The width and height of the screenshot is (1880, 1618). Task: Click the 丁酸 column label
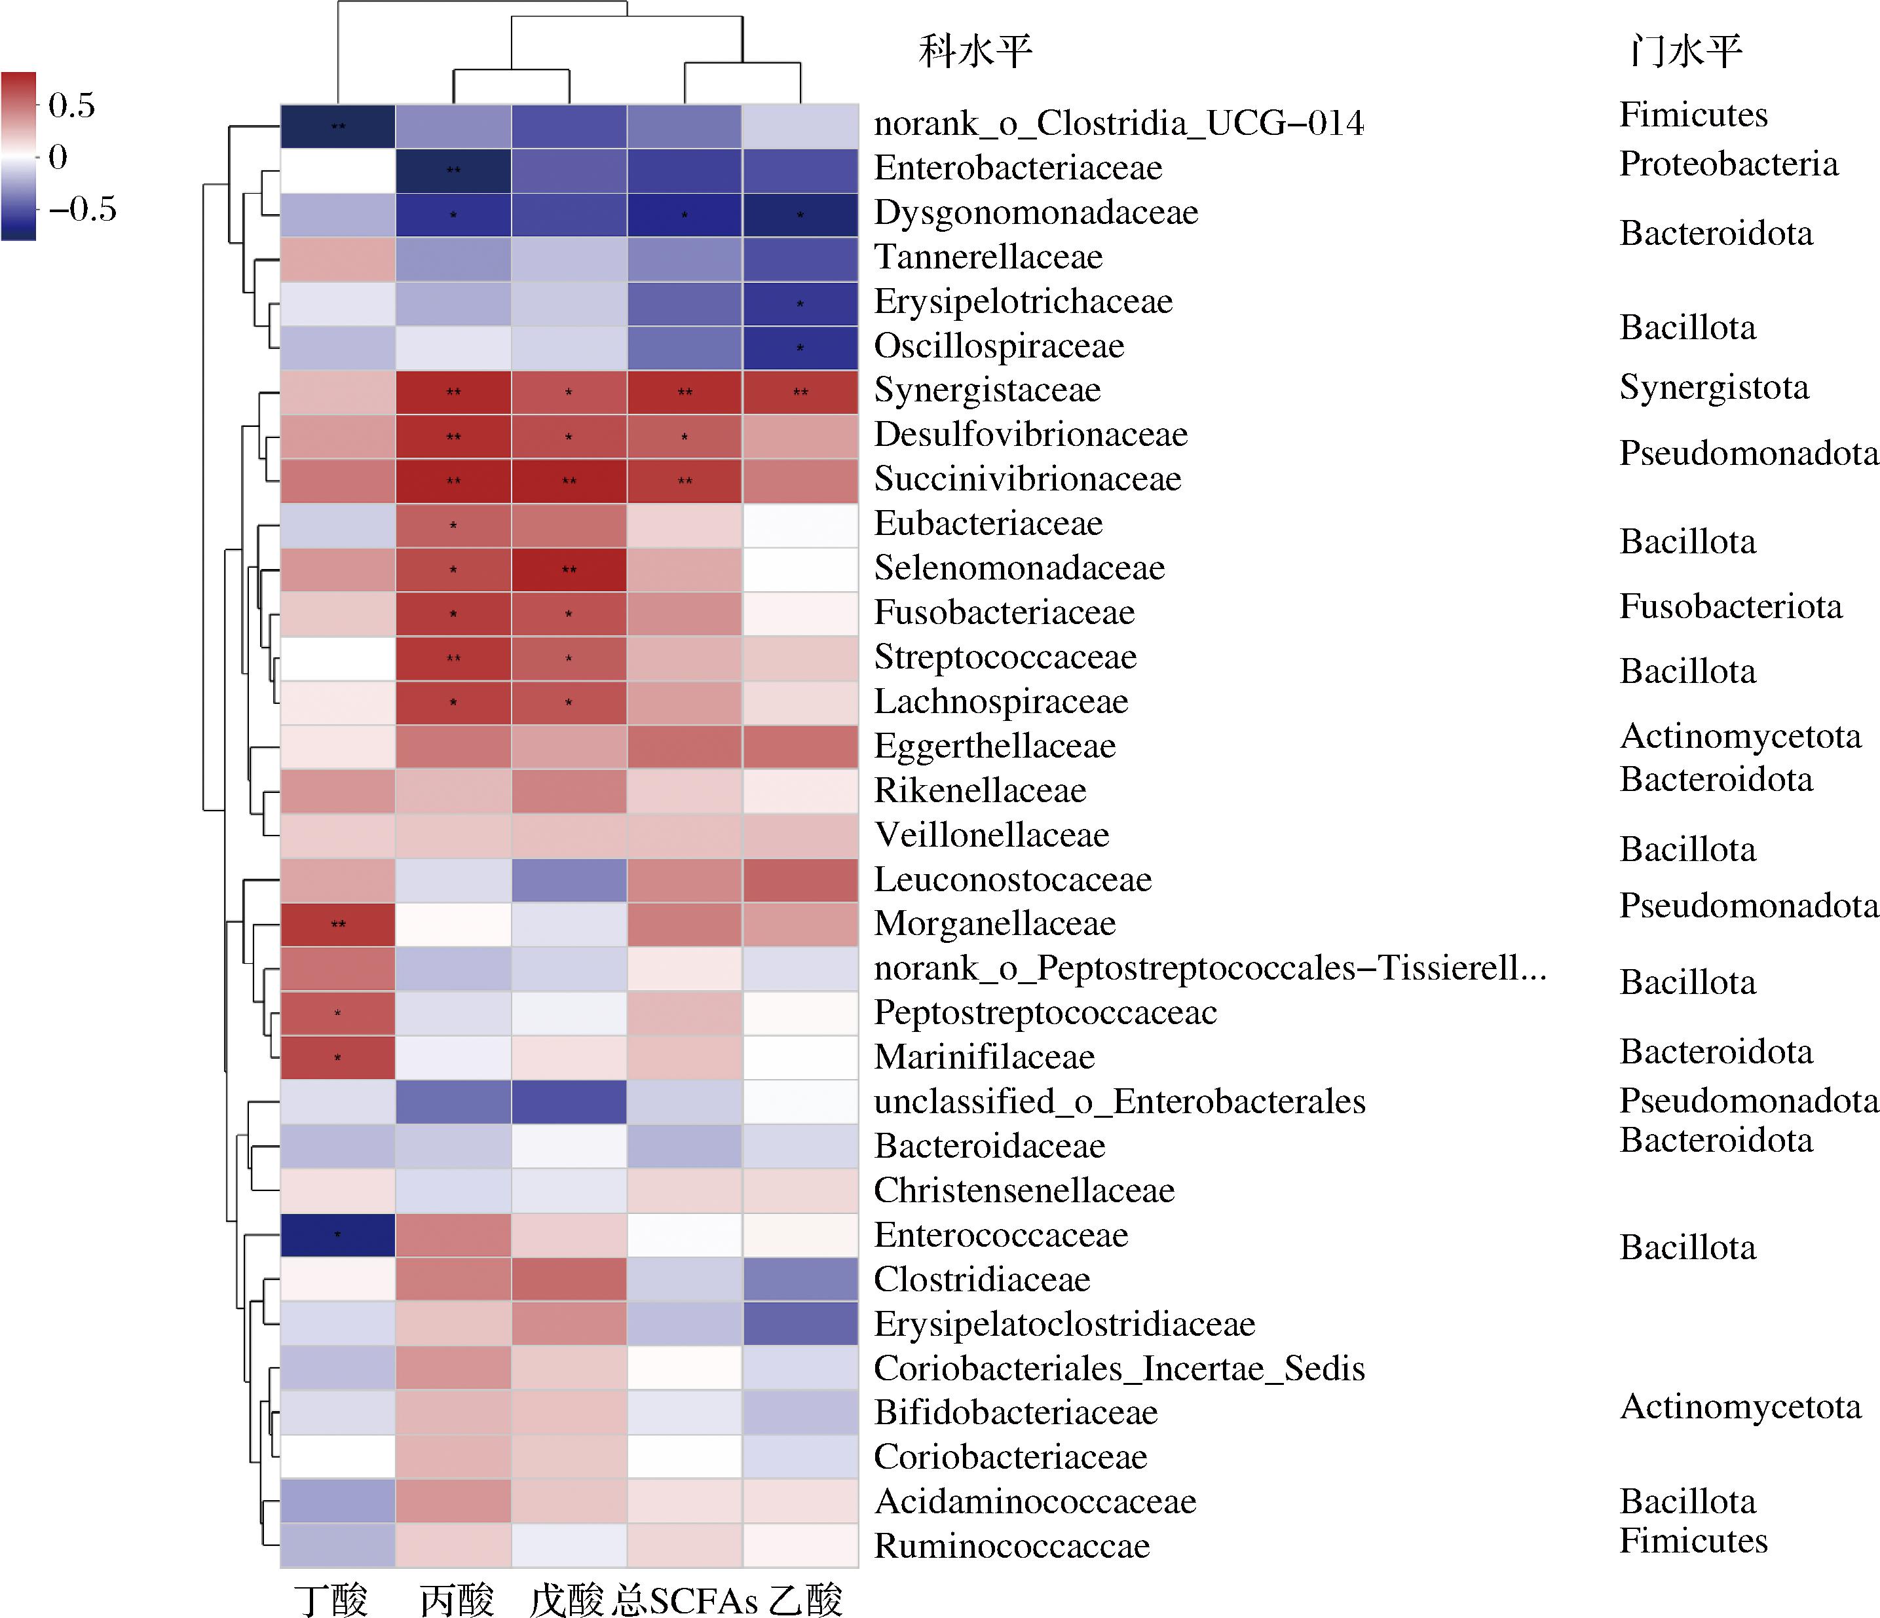point(331,1599)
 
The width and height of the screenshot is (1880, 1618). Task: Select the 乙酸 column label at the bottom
point(806,1599)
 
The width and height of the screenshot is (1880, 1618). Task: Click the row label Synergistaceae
point(987,390)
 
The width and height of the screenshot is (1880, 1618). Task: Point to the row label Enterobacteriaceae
point(1018,168)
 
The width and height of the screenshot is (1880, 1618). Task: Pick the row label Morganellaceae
point(994,923)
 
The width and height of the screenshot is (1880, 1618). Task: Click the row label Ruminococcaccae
point(1011,1545)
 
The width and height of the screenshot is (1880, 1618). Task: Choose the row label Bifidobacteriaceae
point(1016,1412)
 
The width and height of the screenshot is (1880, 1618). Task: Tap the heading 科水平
point(975,51)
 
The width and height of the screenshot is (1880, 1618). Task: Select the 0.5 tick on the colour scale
point(71,105)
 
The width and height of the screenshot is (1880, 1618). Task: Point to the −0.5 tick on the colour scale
point(83,210)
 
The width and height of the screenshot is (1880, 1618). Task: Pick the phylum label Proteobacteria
point(1729,164)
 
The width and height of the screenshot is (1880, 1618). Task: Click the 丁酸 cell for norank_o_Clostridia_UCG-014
point(337,126)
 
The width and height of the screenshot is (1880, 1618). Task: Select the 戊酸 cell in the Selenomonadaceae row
point(569,570)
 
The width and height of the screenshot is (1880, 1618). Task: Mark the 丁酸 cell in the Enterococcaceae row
point(337,1235)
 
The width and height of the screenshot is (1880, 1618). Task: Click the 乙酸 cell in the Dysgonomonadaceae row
point(800,215)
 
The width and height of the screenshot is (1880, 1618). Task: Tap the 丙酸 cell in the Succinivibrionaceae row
point(454,481)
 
